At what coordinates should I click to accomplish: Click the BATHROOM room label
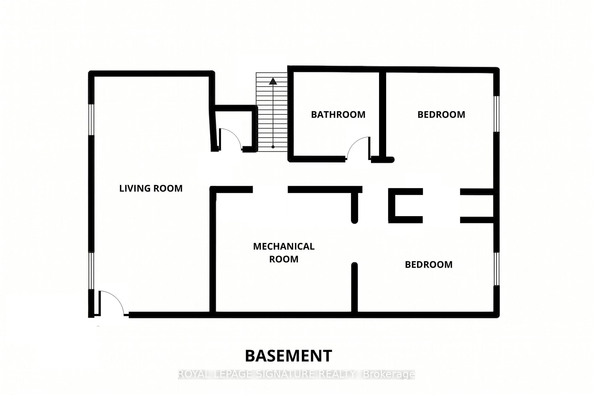tap(338, 115)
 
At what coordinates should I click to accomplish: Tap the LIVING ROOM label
tap(151, 188)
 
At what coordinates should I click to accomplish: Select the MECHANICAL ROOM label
tap(284, 253)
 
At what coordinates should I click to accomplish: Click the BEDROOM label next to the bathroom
tap(441, 115)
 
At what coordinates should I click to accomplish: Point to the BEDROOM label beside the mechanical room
tap(429, 264)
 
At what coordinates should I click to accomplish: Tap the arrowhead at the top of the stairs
tap(273, 81)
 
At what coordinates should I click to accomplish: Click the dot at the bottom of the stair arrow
tap(273, 147)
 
